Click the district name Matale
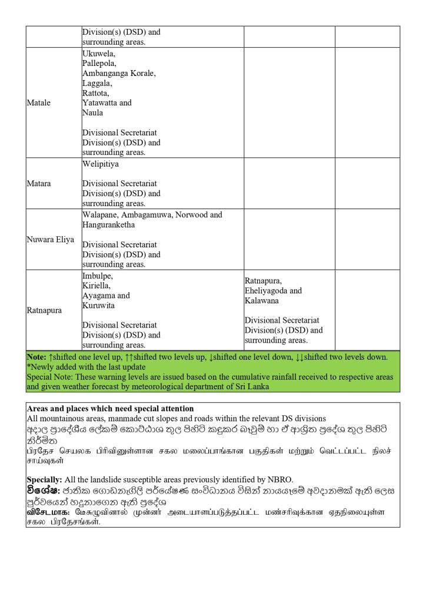[39, 102]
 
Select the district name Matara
[39, 183]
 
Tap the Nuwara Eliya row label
[51, 240]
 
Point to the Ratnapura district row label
[44, 310]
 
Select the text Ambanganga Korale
[118, 73]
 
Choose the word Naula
[92, 112]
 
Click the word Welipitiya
[101, 164]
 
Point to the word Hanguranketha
[109, 225]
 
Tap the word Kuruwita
[98, 306]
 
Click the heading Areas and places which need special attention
[111, 408]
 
